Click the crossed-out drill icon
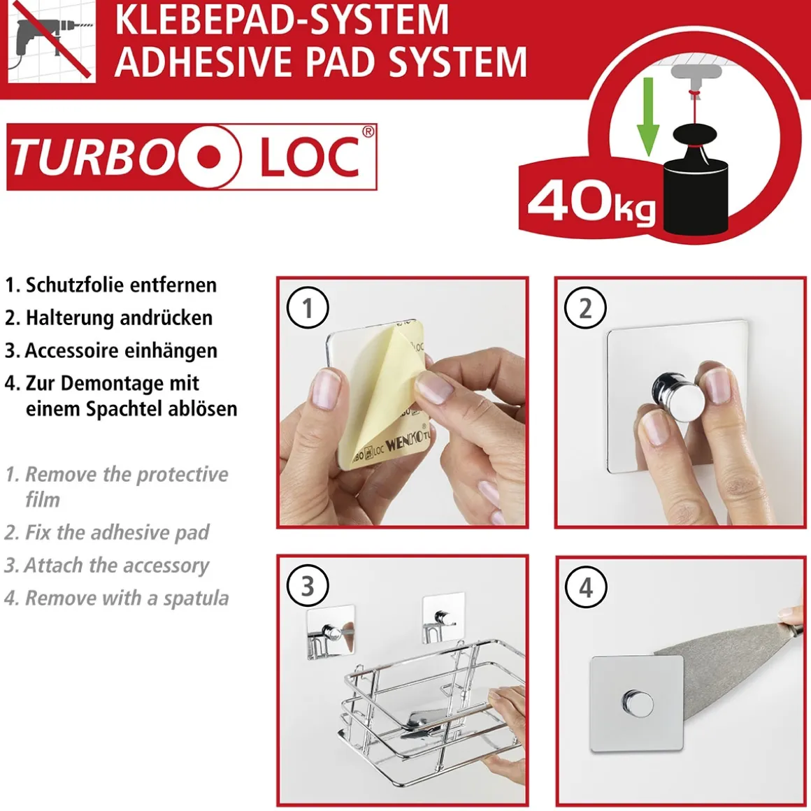[52, 41]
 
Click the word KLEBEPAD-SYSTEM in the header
[282, 19]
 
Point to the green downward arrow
[647, 117]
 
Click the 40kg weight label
[591, 203]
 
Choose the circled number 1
[308, 308]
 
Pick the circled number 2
[585, 308]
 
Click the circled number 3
[308, 587]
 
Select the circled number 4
[585, 587]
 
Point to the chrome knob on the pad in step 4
[636, 703]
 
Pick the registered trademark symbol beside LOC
[367, 131]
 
